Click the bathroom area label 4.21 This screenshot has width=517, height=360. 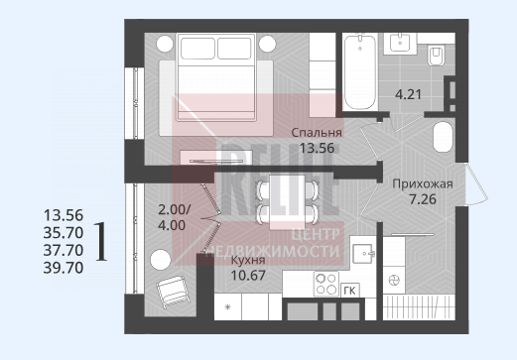[409, 94]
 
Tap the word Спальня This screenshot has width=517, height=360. [317, 133]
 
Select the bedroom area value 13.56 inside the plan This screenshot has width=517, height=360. [317, 148]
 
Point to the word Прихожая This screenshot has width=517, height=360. [423, 183]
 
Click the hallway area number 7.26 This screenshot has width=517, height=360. [423, 199]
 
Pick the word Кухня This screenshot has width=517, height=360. [248, 260]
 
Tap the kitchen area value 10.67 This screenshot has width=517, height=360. [248, 275]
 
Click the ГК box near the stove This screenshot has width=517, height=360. [349, 291]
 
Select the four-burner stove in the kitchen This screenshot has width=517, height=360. [326, 284]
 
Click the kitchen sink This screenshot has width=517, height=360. [363, 254]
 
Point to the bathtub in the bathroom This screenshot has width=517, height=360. [360, 72]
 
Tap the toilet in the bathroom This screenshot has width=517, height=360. [436, 57]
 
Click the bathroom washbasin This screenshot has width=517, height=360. [400, 43]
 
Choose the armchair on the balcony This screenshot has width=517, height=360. [172, 292]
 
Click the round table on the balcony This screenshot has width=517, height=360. [161, 260]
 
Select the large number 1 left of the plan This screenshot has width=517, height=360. [101, 241]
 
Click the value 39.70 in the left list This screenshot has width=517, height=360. [64, 268]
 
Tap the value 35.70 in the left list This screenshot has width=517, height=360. [64, 233]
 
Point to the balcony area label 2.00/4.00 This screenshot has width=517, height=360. [175, 217]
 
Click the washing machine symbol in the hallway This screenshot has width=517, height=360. [394, 281]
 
